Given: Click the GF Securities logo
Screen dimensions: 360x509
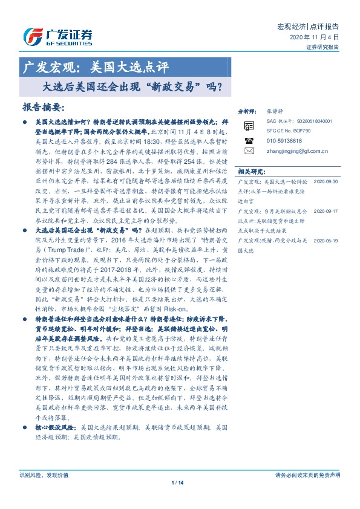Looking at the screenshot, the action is (57, 36).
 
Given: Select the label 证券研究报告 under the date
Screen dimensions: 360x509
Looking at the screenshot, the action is (323, 47).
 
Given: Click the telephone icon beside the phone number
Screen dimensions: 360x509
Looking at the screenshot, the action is (248, 140).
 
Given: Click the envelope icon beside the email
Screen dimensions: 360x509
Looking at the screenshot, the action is (248, 149).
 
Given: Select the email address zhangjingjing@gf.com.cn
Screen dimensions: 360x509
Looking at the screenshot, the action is (298, 149).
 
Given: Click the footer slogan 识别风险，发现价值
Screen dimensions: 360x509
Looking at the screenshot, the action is (41, 491).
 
